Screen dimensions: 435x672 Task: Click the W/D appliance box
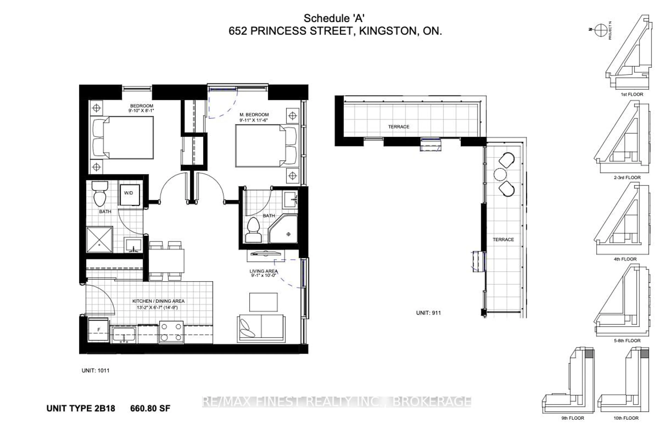pyautogui.click(x=130, y=195)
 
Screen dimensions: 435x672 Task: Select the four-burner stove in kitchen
pyautogui.click(x=171, y=332)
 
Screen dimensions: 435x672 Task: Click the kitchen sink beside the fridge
pyautogui.click(x=124, y=335)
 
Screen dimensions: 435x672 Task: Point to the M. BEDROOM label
pyautogui.click(x=254, y=115)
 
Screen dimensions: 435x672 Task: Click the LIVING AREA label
pyautogui.click(x=263, y=271)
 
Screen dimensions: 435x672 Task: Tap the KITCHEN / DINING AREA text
pyautogui.click(x=158, y=301)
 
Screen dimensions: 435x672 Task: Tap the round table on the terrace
pyautogui.click(x=500, y=174)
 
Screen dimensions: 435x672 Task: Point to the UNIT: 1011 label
pyautogui.click(x=95, y=370)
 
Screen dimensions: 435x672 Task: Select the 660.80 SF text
pyautogui.click(x=150, y=408)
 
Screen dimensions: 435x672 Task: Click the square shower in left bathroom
pyautogui.click(x=99, y=239)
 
